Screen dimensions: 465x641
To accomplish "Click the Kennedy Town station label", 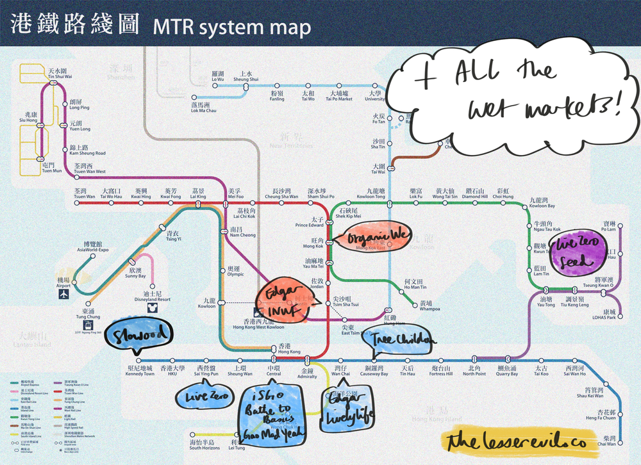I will [140, 371].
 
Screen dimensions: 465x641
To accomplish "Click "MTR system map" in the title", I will [231, 28].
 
